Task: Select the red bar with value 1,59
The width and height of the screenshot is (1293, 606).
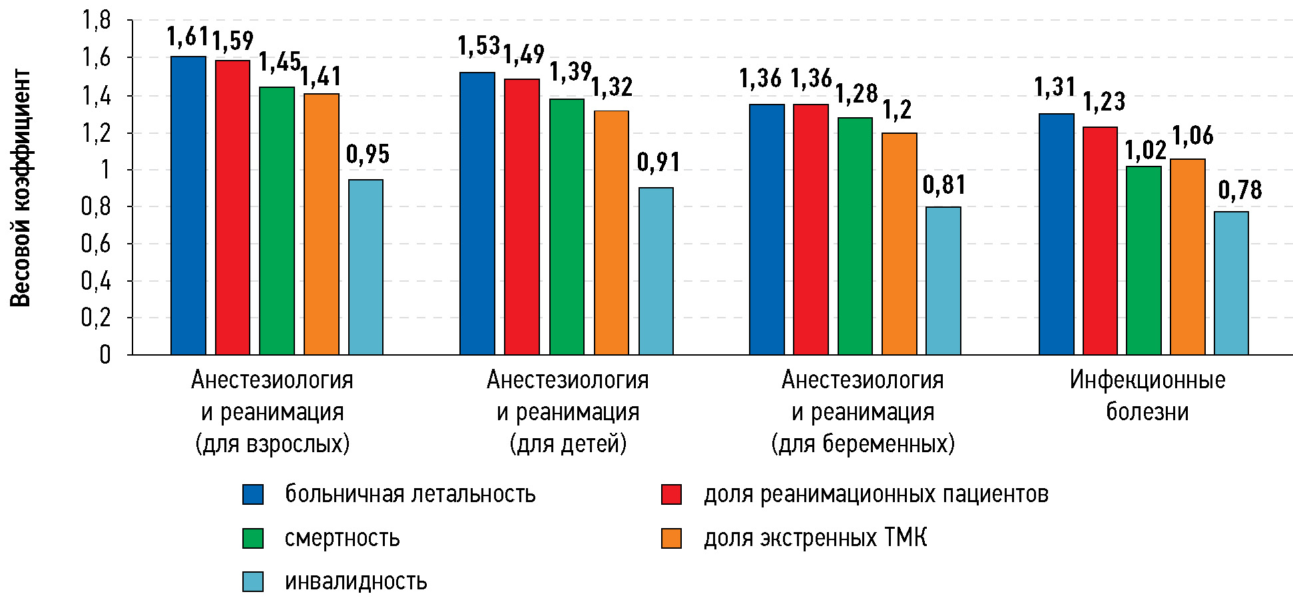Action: (232, 207)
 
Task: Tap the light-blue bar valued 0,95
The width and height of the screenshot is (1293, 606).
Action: (366, 266)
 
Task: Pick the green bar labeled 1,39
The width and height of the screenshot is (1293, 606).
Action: (567, 226)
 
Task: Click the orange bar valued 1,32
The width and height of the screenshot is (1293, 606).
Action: (611, 232)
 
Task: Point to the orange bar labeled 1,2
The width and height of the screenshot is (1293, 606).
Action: (900, 243)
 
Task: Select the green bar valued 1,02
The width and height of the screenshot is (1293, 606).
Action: (1144, 260)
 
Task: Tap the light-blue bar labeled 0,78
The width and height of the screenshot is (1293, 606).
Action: (1231, 282)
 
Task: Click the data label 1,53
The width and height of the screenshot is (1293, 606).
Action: (479, 47)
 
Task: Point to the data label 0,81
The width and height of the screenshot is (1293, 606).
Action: (943, 185)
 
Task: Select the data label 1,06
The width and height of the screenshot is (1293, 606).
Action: (1192, 137)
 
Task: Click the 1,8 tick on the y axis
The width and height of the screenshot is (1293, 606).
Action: (96, 21)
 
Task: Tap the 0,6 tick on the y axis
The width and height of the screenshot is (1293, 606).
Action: (96, 244)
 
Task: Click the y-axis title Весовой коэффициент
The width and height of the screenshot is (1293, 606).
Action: (21, 188)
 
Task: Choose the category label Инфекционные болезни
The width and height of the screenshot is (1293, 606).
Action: (1147, 396)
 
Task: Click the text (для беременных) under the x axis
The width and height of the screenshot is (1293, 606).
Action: (863, 444)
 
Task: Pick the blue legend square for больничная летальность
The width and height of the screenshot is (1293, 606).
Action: (253, 494)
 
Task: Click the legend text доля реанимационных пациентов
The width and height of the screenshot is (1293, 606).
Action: (876, 494)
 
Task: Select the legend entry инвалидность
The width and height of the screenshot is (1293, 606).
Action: (356, 581)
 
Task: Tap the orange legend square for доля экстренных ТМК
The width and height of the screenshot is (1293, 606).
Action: (671, 538)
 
